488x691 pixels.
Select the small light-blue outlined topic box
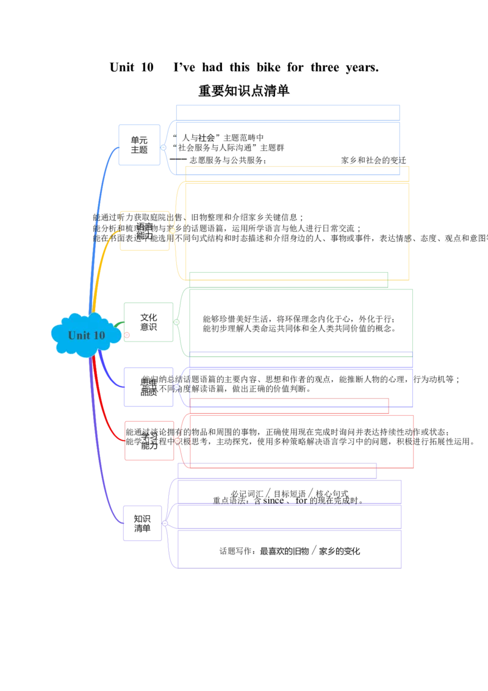coord(139,144)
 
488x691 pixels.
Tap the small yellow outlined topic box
coord(145,231)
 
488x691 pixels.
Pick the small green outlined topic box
coord(148,322)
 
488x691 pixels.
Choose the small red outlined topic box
coord(149,440)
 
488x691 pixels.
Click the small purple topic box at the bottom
coord(143,523)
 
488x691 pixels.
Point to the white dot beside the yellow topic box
coord(172,231)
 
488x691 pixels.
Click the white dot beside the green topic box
coord(176,322)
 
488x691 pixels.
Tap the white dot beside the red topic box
coord(177,440)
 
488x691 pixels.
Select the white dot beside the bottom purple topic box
coord(165,523)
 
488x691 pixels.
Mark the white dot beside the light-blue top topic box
coord(163,147)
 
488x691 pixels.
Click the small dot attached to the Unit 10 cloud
coord(126,335)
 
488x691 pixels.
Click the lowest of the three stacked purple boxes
coord(290,550)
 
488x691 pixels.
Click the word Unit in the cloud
coord(78,335)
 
